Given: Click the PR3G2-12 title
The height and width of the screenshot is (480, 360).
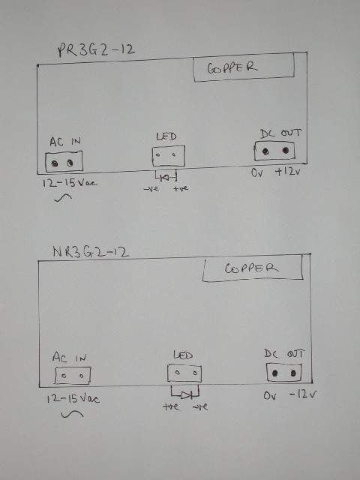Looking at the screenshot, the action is (96, 50).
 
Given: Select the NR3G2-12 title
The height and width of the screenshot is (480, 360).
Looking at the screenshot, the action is (91, 252).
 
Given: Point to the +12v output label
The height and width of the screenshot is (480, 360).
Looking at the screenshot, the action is (288, 172).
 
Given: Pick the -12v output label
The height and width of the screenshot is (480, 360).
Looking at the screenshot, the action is (303, 394).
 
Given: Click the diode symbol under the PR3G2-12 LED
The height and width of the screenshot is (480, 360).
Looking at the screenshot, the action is (166, 177).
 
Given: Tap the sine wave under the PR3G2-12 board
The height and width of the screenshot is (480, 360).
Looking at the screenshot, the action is (63, 198).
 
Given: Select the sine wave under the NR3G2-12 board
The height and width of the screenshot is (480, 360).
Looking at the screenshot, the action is (72, 414).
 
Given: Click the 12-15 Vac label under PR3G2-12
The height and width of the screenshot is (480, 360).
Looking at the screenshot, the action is (70, 183).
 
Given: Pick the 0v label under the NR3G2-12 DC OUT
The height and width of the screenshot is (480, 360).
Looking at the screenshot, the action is (270, 396).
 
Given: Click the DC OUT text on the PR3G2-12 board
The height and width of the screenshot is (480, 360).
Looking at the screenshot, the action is (280, 133).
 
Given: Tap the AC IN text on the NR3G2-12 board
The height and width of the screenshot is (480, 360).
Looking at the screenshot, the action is (70, 357).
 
